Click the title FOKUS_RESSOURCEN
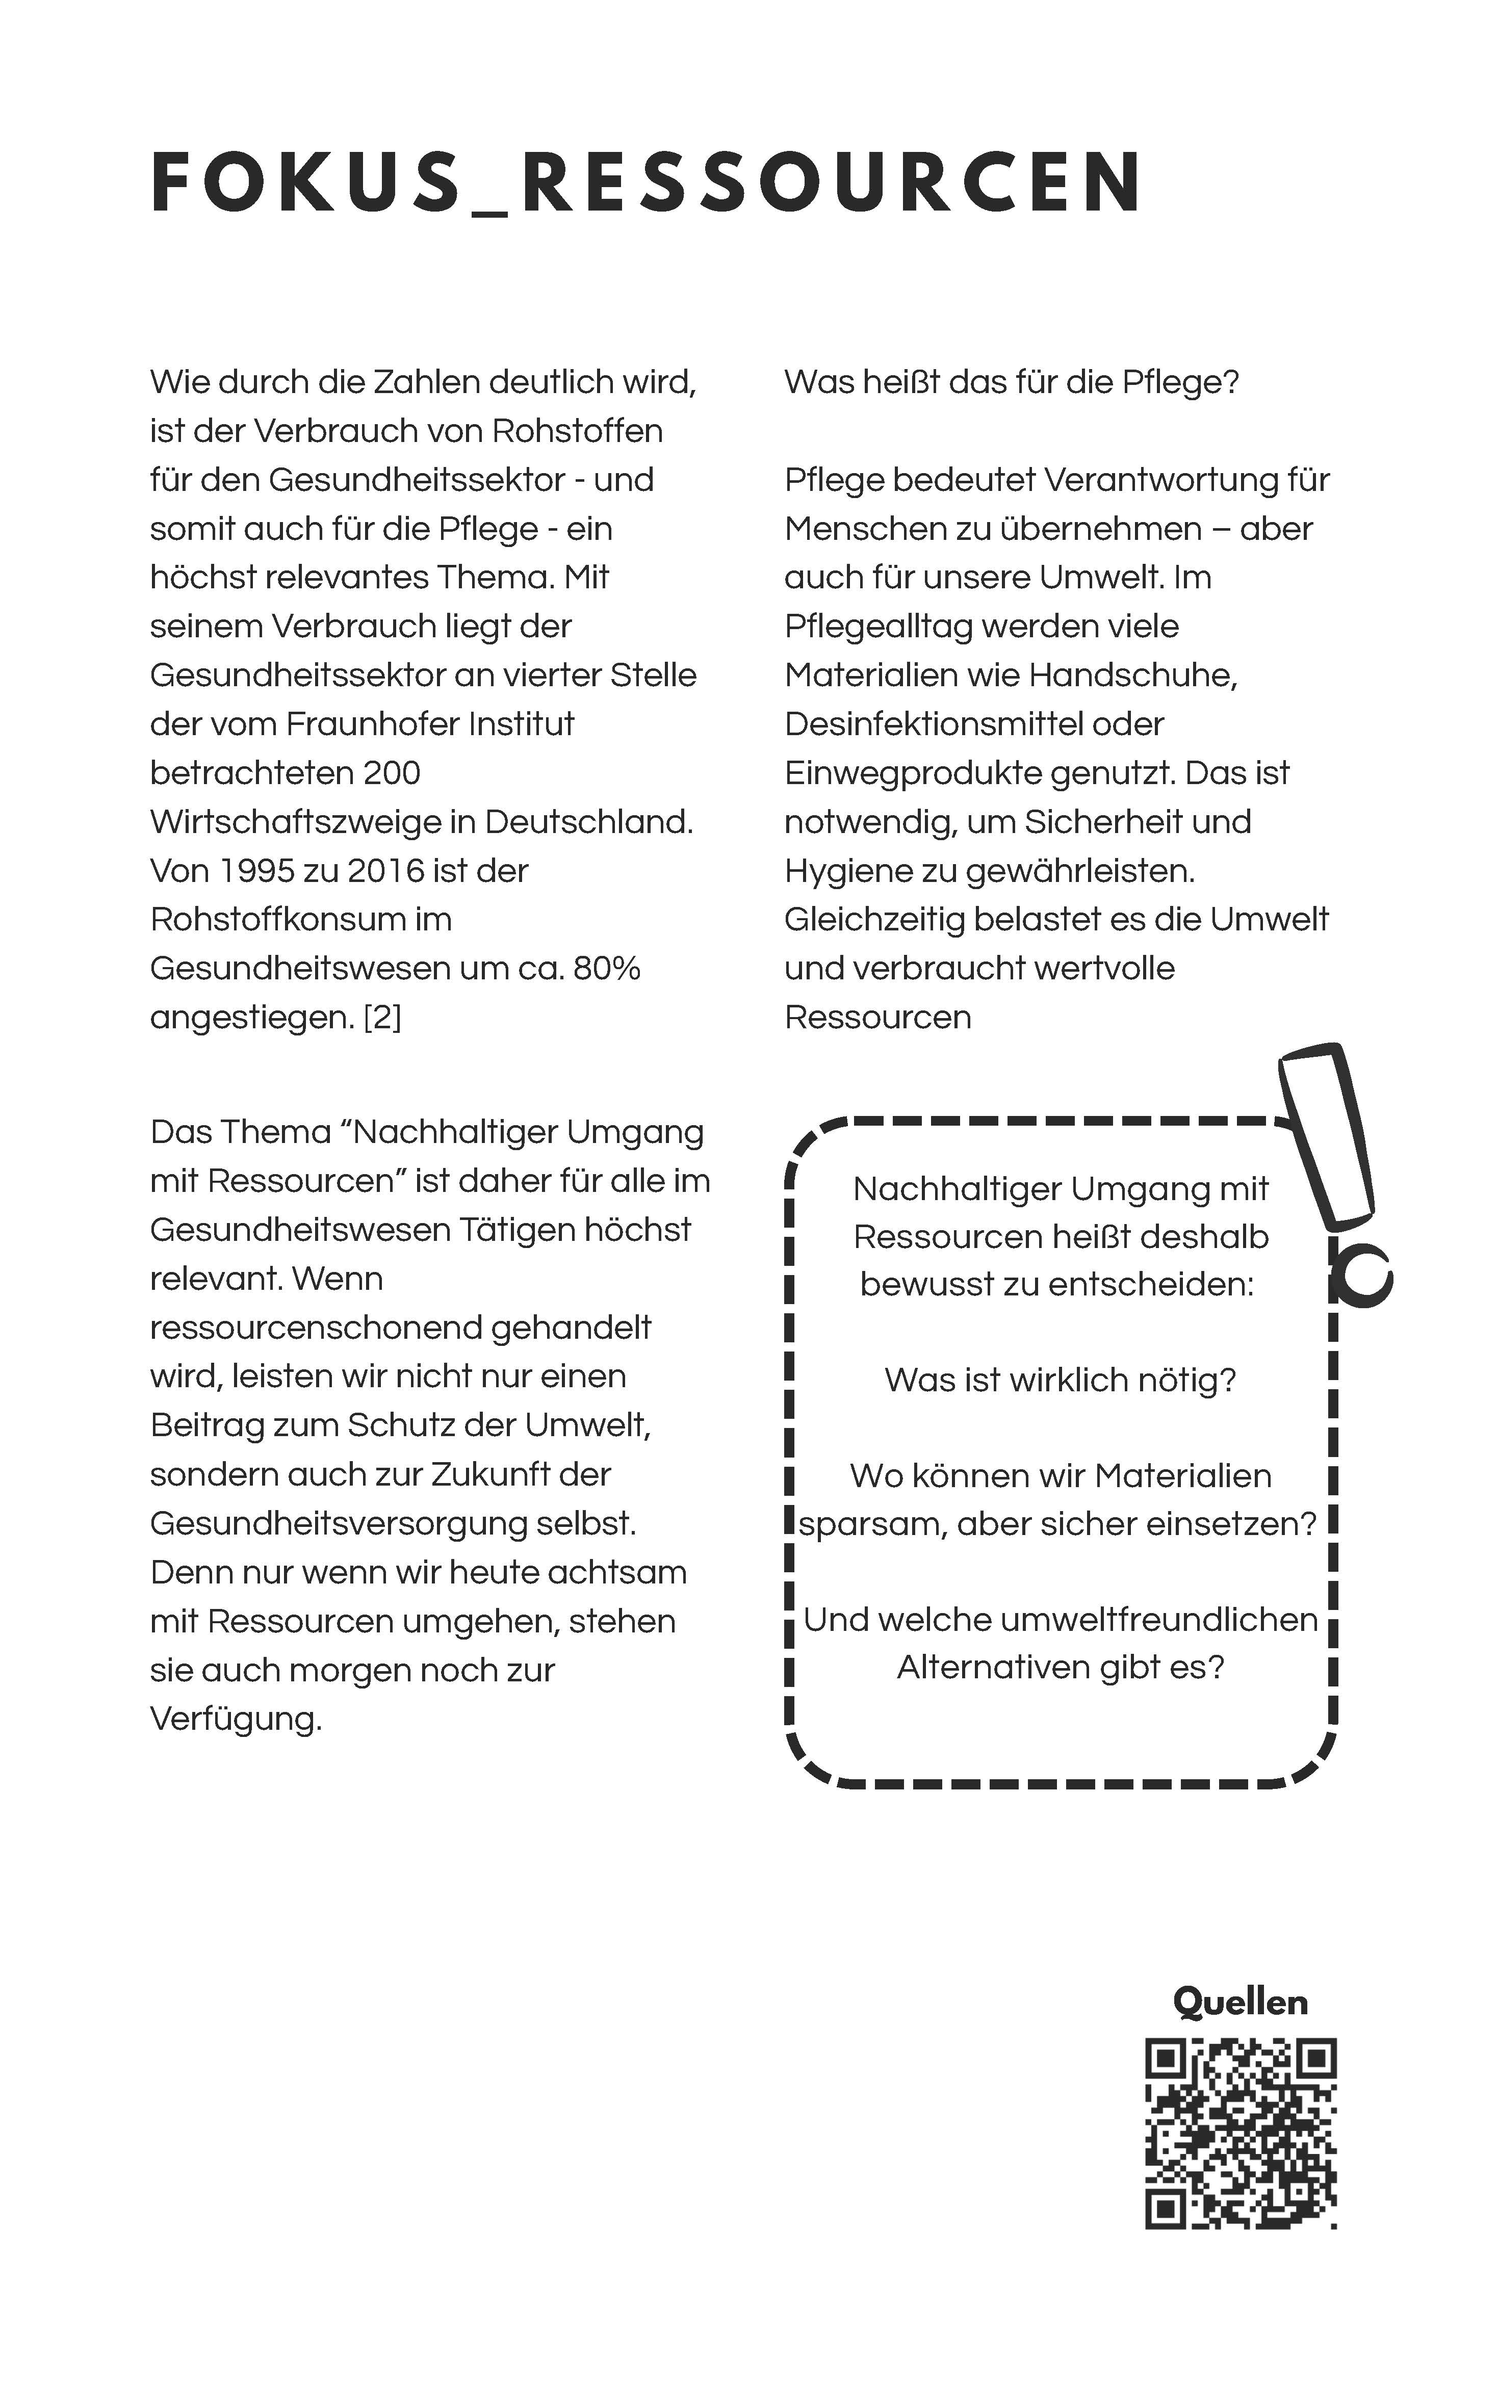tap(646, 183)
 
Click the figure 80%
tap(606, 968)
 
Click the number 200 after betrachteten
tap(392, 772)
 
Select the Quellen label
tap(1241, 2002)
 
